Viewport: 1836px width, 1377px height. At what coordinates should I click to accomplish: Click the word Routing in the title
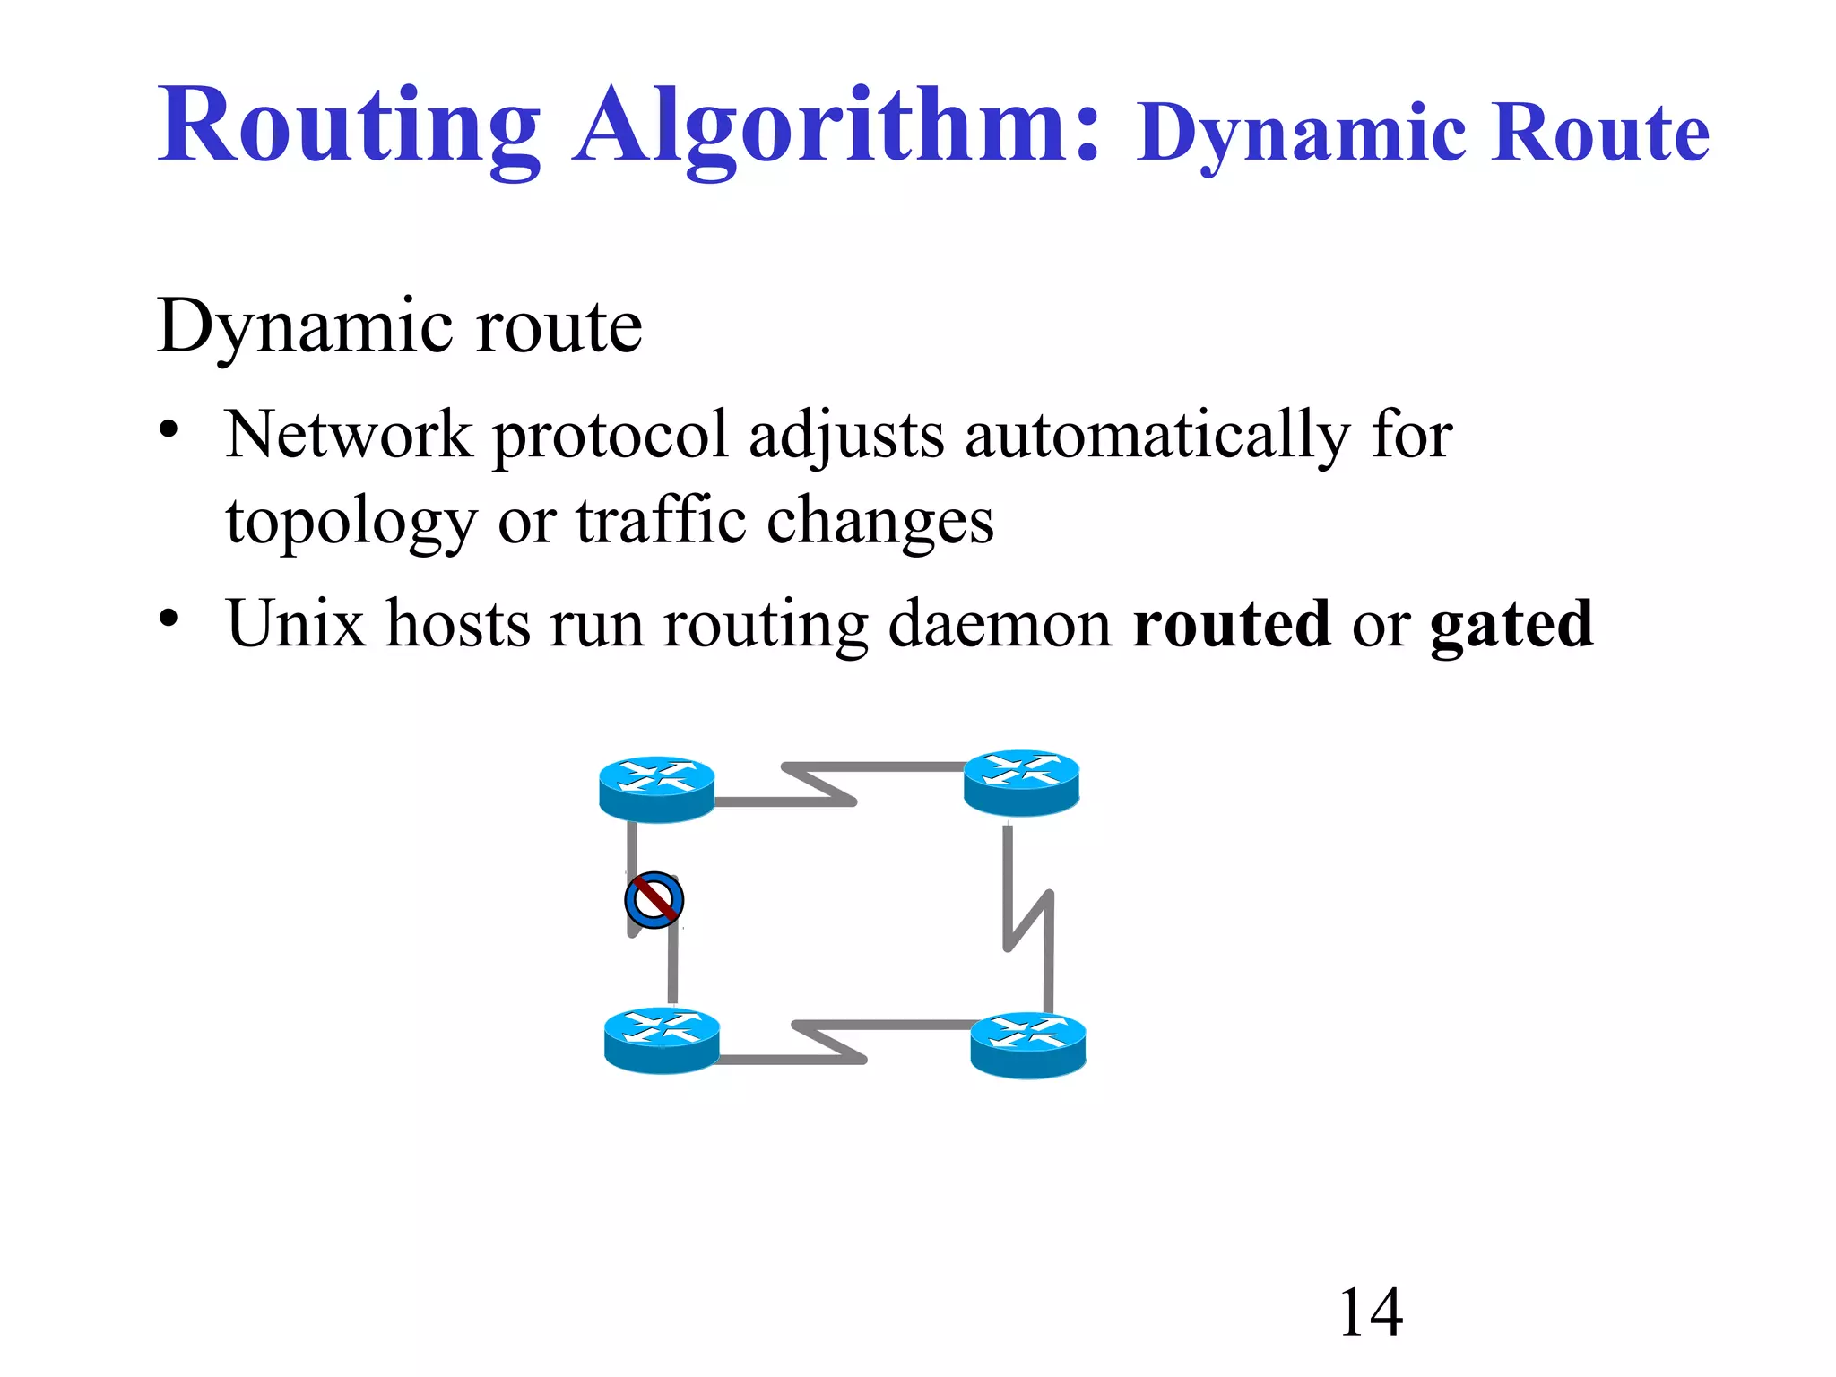coord(350,127)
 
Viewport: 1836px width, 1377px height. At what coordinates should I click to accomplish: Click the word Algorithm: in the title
coord(836,127)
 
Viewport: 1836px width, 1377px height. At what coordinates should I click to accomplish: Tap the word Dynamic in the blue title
coord(1300,134)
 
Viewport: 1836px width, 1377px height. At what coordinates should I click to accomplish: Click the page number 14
coord(1370,1313)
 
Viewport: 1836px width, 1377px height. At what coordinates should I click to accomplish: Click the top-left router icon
coord(656,789)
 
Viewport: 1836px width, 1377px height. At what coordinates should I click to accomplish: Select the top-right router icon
coord(1021,783)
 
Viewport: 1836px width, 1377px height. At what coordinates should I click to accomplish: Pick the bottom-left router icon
coord(662,1040)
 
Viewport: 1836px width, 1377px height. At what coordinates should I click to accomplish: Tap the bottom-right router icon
coord(1028,1045)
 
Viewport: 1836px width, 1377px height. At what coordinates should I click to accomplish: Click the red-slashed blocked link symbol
coord(654,900)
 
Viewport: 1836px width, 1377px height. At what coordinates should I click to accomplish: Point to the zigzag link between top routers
coord(820,784)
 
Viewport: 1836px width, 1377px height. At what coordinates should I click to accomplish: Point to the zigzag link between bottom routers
coord(829,1042)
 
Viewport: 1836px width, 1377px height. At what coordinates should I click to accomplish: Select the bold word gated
coord(1511,625)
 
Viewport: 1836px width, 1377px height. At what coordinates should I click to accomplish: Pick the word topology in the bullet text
coord(351,523)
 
